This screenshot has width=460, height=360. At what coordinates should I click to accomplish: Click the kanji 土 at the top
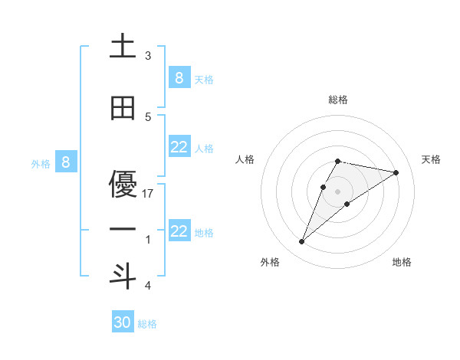point(123,47)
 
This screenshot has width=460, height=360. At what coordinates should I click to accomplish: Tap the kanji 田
point(123,109)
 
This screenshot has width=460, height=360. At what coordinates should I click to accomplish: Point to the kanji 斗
point(123,275)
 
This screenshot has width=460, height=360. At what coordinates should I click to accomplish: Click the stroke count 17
point(149,194)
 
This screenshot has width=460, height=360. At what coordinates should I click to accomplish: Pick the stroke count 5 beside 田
point(148,116)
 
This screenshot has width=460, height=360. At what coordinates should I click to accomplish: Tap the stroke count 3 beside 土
point(148,55)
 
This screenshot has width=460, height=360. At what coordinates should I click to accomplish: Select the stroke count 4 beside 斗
point(148,286)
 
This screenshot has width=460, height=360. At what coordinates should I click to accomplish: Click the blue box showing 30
point(123,322)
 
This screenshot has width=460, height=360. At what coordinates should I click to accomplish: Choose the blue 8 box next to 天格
point(179,77)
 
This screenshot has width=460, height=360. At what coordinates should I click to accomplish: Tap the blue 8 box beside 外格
point(66,162)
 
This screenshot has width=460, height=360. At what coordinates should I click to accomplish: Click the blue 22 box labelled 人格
point(179,147)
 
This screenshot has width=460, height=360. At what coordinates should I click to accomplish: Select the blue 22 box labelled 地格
point(179,231)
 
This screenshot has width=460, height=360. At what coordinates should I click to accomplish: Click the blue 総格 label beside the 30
point(147,324)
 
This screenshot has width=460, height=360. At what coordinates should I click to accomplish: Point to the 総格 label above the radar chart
point(337,100)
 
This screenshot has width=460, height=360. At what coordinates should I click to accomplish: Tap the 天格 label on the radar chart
point(432,159)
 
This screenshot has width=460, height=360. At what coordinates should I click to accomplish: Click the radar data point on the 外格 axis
point(301,242)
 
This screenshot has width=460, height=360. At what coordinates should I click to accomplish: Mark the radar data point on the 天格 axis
point(396,172)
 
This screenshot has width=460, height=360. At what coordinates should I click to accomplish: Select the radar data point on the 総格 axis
point(337,161)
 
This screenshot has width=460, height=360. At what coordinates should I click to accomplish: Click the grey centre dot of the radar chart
point(337,191)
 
